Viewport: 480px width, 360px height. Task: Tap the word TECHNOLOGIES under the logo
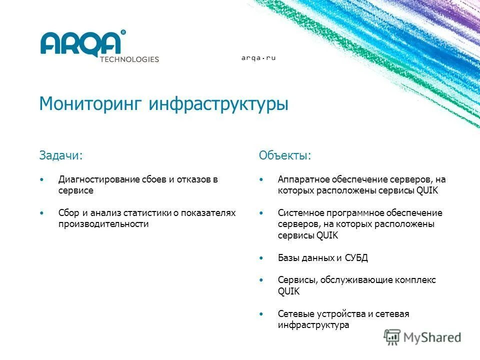coord(129,59)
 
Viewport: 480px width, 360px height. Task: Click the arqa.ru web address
coord(258,58)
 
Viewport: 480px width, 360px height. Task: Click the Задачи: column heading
coord(60,155)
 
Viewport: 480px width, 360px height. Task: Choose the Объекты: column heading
coord(284,155)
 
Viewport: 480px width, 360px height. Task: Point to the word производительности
coord(103,224)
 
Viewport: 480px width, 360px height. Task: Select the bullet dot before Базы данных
coord(261,258)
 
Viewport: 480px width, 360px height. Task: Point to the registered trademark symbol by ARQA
coord(123,32)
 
